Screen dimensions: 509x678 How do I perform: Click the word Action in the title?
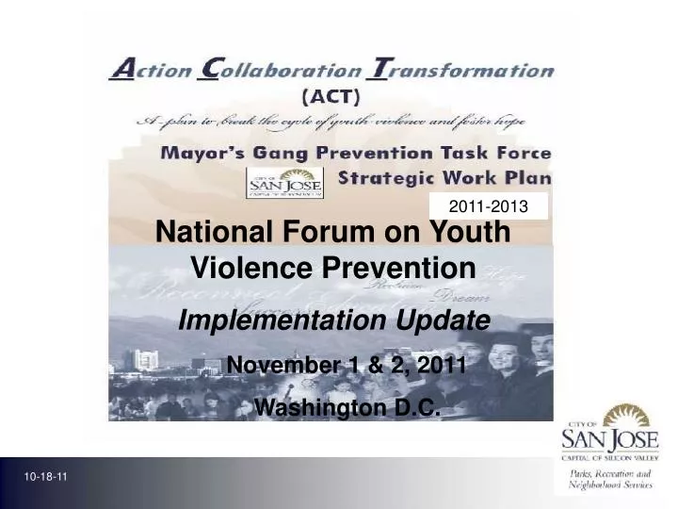coord(149,70)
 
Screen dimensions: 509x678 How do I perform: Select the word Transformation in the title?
coord(460,70)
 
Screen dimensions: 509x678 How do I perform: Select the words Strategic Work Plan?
coord(444,178)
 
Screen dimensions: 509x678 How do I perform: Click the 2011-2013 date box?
coord(488,205)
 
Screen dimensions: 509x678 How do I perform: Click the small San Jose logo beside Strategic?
coord(284,183)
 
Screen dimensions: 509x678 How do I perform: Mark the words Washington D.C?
coord(348,407)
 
